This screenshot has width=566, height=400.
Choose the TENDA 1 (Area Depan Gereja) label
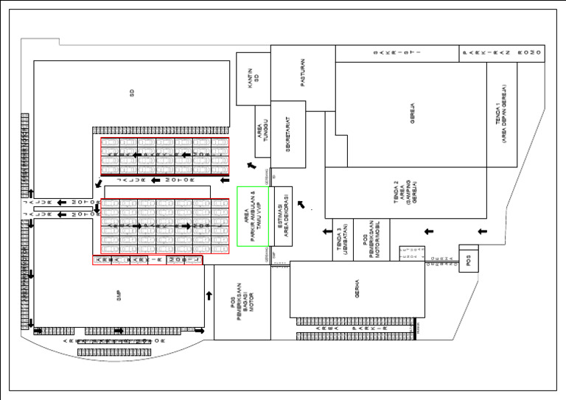501,122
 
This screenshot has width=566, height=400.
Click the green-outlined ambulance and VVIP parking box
251,216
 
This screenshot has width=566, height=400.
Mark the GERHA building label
357,290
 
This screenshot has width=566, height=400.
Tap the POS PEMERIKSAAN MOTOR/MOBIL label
371,239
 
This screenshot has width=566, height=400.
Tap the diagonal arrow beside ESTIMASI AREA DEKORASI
301,203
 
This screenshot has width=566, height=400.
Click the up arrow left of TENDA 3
325,233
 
